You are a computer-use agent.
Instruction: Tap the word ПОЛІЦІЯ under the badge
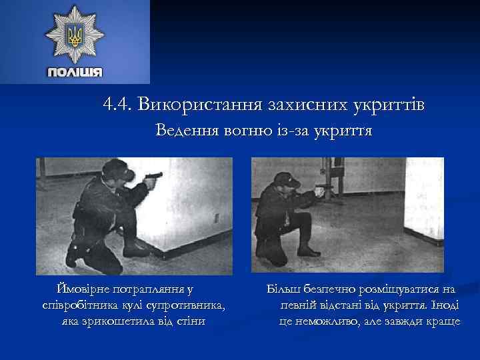[75, 72]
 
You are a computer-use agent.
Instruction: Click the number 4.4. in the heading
[118, 105]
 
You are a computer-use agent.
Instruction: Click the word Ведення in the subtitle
[185, 131]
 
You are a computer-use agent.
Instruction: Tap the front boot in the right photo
[308, 252]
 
